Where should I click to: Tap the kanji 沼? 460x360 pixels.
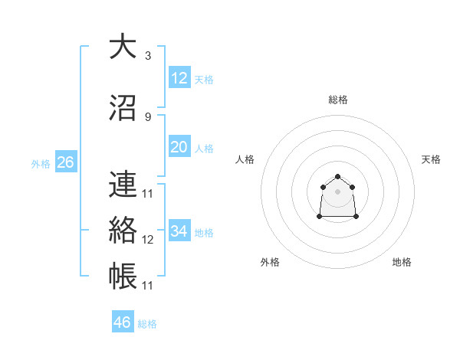coord(122,107)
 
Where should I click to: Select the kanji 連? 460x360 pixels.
coord(122,184)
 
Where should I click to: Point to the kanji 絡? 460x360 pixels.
coord(122,230)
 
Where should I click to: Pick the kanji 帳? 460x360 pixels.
coord(122,276)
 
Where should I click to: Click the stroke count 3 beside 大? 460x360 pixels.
coord(147,56)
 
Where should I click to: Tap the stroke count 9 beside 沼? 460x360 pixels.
coord(147,117)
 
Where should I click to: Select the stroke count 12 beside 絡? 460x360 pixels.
coord(148,240)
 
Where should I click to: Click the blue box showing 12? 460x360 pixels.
coord(179,77)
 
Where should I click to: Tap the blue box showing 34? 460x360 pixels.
coord(179,231)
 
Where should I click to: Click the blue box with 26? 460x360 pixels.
coord(65,162)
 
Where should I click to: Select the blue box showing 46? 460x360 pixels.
coord(123,322)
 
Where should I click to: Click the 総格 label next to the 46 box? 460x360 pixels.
coord(147,324)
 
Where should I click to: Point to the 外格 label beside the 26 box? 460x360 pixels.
coord(40,164)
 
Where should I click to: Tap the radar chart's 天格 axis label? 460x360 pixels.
coord(431,159)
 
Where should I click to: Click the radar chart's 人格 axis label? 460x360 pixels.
coord(245,159)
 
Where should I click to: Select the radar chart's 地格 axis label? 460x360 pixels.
coord(402,262)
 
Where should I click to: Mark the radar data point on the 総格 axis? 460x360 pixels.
coord(337,177)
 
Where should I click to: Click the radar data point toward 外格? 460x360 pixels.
coord(320,217)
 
